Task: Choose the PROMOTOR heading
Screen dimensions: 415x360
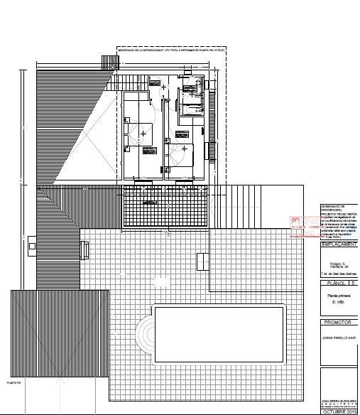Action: [x=337, y=322]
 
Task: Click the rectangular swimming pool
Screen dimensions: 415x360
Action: [x=220, y=333]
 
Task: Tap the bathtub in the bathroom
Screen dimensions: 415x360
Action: [x=190, y=108]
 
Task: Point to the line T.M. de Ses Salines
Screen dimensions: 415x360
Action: [x=337, y=272]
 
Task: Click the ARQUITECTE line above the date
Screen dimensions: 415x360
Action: [x=337, y=405]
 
